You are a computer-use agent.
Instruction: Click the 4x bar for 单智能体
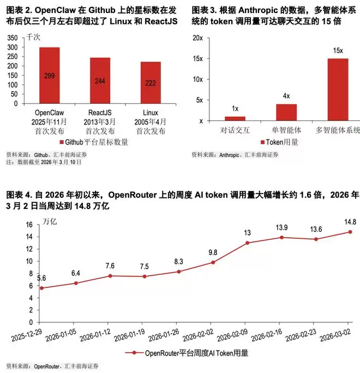(x=286, y=112)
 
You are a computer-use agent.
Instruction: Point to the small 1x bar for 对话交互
(x=235, y=118)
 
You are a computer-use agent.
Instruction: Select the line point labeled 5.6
(x=42, y=288)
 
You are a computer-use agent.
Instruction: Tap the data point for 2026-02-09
(x=248, y=243)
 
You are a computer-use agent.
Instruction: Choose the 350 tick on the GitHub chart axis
(x=11, y=38)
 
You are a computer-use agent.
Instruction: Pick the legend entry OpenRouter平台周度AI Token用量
(x=191, y=353)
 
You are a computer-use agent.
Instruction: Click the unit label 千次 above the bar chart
(x=34, y=37)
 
